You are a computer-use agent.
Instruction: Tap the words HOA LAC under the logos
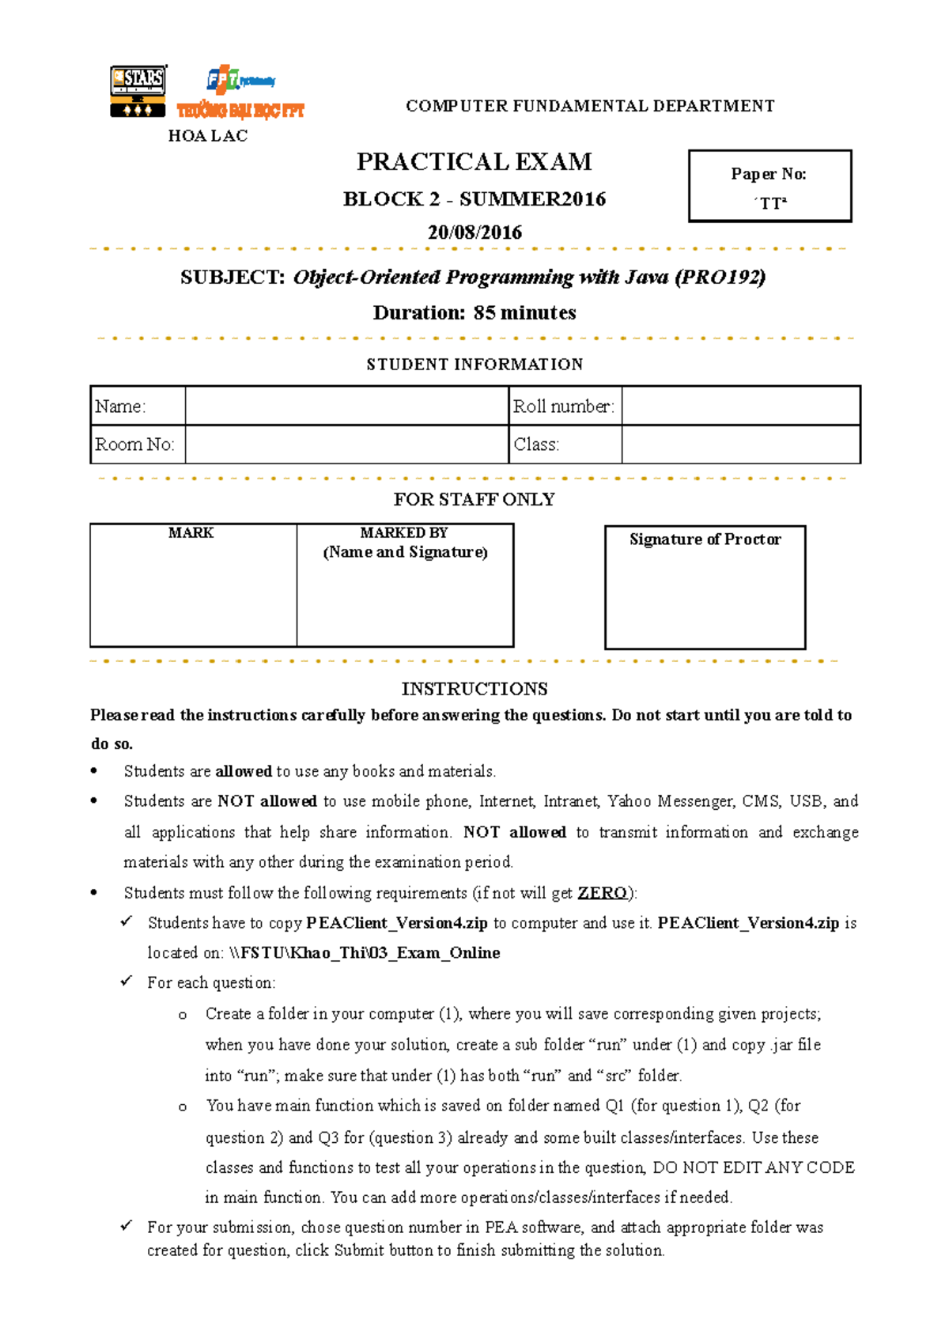tap(208, 136)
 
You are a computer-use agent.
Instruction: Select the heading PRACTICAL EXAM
tap(474, 162)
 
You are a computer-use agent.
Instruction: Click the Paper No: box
tap(769, 186)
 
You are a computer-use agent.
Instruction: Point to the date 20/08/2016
tap(475, 233)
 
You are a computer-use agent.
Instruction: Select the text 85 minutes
tap(524, 313)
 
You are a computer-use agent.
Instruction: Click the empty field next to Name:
tap(346, 407)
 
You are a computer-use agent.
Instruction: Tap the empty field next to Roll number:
tap(740, 407)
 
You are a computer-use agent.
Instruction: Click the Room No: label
tap(134, 445)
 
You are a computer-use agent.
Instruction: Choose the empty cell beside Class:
tap(740, 445)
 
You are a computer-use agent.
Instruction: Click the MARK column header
tap(191, 533)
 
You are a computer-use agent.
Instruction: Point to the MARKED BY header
tap(404, 533)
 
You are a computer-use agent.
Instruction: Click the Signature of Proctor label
tap(705, 539)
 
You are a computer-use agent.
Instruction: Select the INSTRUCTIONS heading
tap(475, 689)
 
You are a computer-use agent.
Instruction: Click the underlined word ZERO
tap(602, 893)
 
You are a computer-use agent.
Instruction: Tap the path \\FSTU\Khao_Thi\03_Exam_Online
tap(365, 953)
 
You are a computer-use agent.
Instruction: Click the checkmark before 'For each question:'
tap(127, 982)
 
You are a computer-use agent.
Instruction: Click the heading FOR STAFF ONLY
tap(475, 500)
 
